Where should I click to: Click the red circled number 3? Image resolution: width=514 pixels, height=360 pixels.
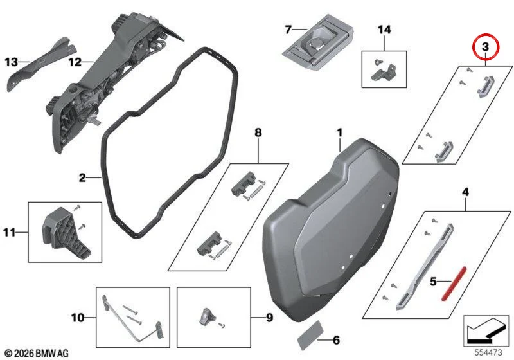tap(485, 47)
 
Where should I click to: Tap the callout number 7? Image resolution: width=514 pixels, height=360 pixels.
tap(288, 30)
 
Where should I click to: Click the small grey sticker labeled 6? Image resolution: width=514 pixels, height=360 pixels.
tap(311, 336)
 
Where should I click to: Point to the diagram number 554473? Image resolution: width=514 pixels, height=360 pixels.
tap(488, 352)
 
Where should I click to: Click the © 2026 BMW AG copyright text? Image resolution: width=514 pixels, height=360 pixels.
tap(37, 353)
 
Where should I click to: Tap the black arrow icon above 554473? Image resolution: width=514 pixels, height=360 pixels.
tap(486, 331)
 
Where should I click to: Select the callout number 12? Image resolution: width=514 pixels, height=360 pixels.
tap(75, 62)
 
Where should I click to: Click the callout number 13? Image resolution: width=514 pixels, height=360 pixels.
tap(11, 62)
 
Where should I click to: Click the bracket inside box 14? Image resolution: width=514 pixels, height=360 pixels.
tap(384, 73)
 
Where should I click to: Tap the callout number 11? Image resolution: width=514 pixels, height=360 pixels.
tap(9, 233)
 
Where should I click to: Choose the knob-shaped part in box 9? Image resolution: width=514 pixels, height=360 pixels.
tap(206, 316)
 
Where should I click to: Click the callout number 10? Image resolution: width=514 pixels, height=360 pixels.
tap(78, 318)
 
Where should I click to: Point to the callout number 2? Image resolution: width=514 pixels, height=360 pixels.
tap(82, 178)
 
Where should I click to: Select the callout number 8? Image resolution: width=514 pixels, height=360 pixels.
tap(258, 132)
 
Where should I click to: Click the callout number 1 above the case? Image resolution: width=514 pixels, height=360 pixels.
tap(340, 133)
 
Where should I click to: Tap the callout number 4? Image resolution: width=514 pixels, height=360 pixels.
tap(465, 192)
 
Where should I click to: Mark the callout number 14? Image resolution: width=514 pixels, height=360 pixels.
tap(384, 30)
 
